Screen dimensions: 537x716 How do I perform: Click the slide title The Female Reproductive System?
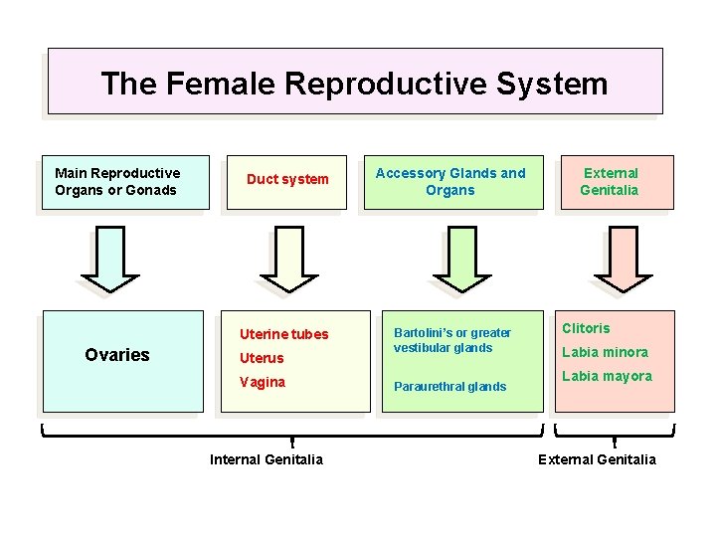(x=354, y=84)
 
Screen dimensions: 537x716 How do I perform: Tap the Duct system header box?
(x=286, y=180)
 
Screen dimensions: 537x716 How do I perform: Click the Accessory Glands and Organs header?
(x=450, y=182)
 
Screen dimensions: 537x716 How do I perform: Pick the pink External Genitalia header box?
(x=610, y=182)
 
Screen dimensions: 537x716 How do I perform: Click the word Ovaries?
(x=117, y=355)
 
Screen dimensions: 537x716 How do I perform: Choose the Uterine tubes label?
(x=283, y=334)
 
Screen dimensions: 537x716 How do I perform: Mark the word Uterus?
(x=262, y=358)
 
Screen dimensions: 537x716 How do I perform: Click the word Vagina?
(x=263, y=382)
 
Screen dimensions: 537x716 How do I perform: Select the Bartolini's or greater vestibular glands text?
(x=452, y=340)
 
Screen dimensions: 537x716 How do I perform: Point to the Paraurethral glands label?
(x=449, y=387)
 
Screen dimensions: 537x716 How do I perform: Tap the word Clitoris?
(x=586, y=328)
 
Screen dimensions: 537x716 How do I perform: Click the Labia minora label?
(x=605, y=352)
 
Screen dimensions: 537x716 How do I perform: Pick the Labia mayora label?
(x=607, y=376)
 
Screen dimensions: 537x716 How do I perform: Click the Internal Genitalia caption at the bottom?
(x=267, y=459)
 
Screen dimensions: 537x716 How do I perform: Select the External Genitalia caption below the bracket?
(x=597, y=459)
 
